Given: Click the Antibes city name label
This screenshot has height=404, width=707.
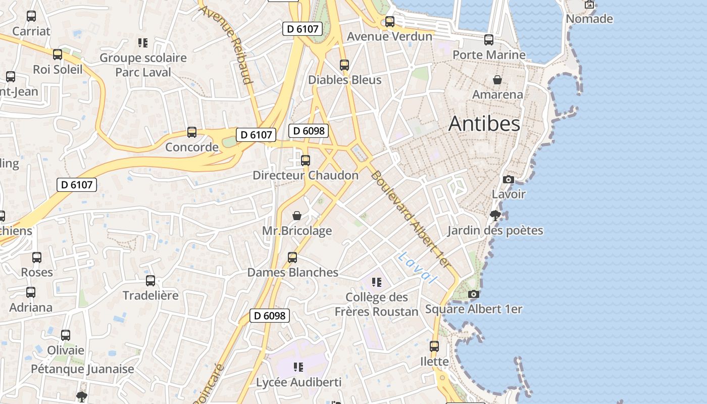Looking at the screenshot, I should pos(484,124).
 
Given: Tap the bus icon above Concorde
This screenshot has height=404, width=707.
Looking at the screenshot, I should pos(191,132).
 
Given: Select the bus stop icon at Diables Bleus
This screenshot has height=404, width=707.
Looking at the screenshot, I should pos(344,65).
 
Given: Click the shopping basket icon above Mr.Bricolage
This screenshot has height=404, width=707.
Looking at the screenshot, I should pos(297,216).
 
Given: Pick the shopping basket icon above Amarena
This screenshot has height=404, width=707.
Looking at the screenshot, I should pos(497,80).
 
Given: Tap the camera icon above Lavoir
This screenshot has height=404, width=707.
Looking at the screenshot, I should pos(509,179).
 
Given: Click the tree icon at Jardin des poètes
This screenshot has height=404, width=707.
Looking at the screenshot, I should pos(495,216).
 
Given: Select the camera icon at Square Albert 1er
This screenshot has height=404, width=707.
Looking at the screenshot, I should pos(473,294).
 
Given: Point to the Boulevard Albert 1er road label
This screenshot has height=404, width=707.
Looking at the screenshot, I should pos(410,219).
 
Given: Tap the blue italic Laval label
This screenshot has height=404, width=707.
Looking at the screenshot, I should pos(417,268).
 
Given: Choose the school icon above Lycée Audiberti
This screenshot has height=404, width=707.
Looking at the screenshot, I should pos(298,367).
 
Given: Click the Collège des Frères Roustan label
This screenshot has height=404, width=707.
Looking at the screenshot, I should pos(377,305).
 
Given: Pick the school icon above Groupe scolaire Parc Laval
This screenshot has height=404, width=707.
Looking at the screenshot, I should pos(143,43).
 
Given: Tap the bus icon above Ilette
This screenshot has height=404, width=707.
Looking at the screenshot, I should pos(434,346).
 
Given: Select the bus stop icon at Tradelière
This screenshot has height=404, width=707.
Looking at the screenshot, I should pos(150,281).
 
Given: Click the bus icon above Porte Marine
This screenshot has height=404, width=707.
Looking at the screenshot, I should pos(489,40).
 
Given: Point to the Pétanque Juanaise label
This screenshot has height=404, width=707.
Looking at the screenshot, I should pos(83,369).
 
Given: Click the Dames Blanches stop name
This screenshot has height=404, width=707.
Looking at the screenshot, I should pos(292,273).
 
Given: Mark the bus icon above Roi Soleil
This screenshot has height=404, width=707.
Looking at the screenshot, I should pos(58,55).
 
